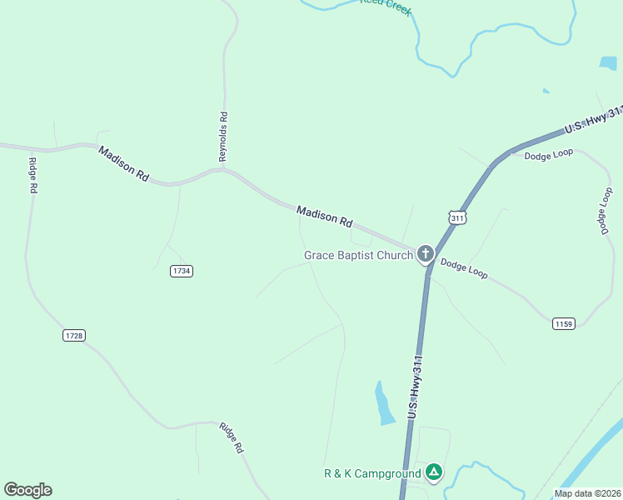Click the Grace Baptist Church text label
(x=358, y=255)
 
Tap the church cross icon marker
(x=426, y=253)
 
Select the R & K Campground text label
(x=372, y=474)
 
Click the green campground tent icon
(x=433, y=472)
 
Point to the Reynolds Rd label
(x=223, y=137)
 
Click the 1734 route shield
(x=181, y=272)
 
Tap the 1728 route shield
(x=74, y=335)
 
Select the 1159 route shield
(x=563, y=323)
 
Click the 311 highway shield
(x=457, y=217)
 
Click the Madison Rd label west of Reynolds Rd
(x=123, y=163)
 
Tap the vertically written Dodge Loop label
(x=606, y=211)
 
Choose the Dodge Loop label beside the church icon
(x=464, y=267)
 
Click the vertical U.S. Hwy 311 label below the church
(x=418, y=385)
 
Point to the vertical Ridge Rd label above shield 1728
(x=32, y=175)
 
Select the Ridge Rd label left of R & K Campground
(x=232, y=438)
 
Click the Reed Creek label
(x=386, y=7)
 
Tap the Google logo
(x=27, y=490)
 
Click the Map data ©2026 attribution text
(x=587, y=493)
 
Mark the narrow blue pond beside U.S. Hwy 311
(x=384, y=403)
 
